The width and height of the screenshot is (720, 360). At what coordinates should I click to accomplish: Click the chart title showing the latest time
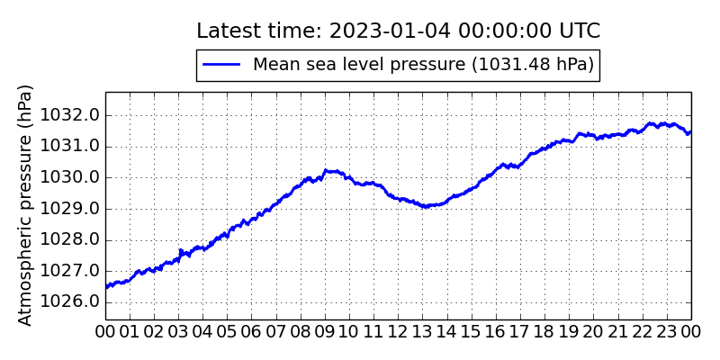coord(398,31)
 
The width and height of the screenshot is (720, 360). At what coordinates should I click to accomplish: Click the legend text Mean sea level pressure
coord(423,64)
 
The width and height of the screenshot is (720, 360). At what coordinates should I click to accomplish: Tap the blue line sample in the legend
coord(221,64)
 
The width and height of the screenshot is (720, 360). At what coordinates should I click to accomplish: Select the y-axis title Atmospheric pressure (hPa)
coord(25,205)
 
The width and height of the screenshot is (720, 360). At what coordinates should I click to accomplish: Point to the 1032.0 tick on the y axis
coord(76,115)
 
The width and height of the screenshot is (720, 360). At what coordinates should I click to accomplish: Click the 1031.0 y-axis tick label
coord(76,146)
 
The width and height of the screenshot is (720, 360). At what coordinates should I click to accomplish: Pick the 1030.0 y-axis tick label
coord(76,177)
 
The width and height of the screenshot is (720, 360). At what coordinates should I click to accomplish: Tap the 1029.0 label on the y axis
coord(76,208)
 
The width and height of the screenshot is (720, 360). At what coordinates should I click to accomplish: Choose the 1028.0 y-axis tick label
coord(76,239)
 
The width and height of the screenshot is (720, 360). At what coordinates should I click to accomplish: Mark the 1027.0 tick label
coord(76,270)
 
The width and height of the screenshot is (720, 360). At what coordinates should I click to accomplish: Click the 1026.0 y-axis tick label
coord(76,301)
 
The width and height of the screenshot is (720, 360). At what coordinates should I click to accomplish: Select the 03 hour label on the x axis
coord(178,332)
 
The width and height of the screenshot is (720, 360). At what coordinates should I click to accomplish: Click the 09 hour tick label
coord(325,332)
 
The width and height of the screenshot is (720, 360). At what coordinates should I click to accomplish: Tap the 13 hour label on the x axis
coord(423,332)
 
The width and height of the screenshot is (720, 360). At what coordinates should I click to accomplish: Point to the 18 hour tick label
coord(544,332)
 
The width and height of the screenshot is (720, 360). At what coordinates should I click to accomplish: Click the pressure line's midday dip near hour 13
coord(425,206)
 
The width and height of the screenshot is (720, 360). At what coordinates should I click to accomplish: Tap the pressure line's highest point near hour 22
coord(650,123)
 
